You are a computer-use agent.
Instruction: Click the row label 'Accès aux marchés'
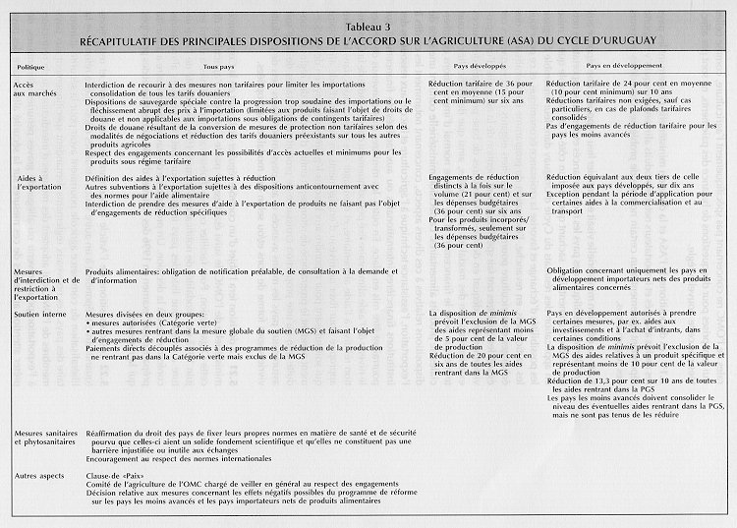[x=35, y=91]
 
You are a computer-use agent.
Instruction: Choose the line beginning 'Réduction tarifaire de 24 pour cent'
[x=625, y=86]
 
